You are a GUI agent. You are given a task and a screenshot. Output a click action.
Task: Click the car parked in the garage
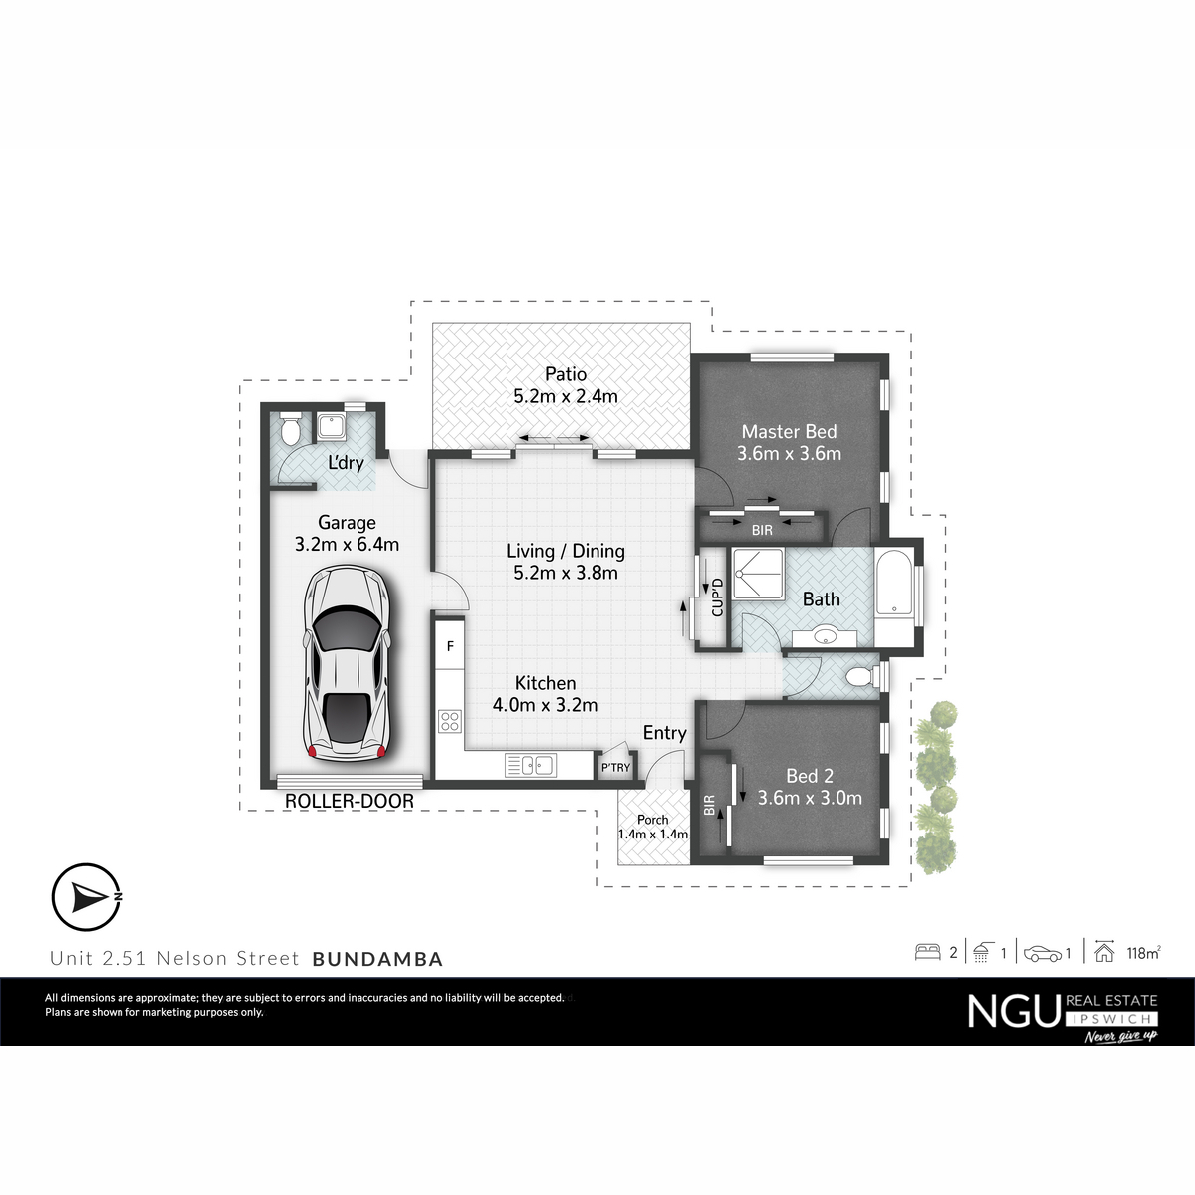(348, 663)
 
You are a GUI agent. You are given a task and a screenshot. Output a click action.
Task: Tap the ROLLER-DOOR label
(350, 801)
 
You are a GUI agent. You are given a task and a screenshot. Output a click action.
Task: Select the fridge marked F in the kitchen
(450, 645)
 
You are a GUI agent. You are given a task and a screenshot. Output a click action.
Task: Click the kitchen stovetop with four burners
(450, 721)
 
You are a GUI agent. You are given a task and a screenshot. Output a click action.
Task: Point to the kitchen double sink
(530, 765)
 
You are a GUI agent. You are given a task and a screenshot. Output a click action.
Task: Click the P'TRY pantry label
(615, 768)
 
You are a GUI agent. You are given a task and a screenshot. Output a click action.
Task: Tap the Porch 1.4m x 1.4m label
(653, 828)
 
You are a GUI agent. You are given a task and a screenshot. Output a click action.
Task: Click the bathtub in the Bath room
(893, 583)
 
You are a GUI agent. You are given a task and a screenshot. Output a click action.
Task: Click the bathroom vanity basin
(825, 637)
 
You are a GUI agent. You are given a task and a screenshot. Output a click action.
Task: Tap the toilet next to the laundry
(290, 429)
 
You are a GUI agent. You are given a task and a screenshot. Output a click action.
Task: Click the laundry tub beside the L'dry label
(332, 427)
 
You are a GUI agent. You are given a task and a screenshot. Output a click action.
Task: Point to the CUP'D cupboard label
(717, 597)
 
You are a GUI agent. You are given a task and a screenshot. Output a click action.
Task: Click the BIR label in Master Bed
(762, 530)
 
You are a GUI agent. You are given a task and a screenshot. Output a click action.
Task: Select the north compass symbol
(87, 897)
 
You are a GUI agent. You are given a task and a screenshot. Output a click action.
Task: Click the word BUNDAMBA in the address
(377, 959)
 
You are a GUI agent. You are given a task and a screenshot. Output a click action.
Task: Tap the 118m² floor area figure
(1144, 953)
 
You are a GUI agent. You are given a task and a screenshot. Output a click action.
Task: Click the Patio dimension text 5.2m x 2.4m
(566, 397)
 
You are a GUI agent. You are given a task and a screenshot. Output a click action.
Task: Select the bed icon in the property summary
(928, 952)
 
